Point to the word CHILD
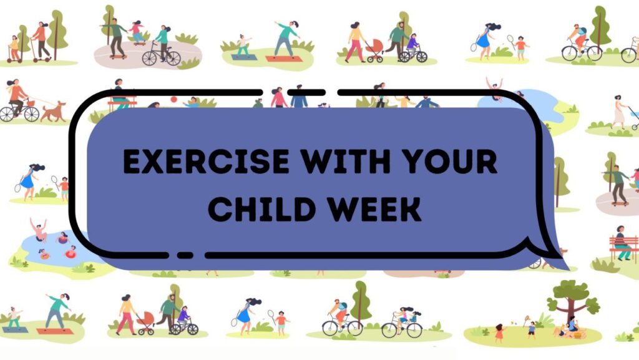(261, 209)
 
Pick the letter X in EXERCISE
(159, 162)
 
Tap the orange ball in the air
(173, 99)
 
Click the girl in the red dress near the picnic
(499, 333)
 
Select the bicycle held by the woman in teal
(160, 57)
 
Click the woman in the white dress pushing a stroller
(620, 112)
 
